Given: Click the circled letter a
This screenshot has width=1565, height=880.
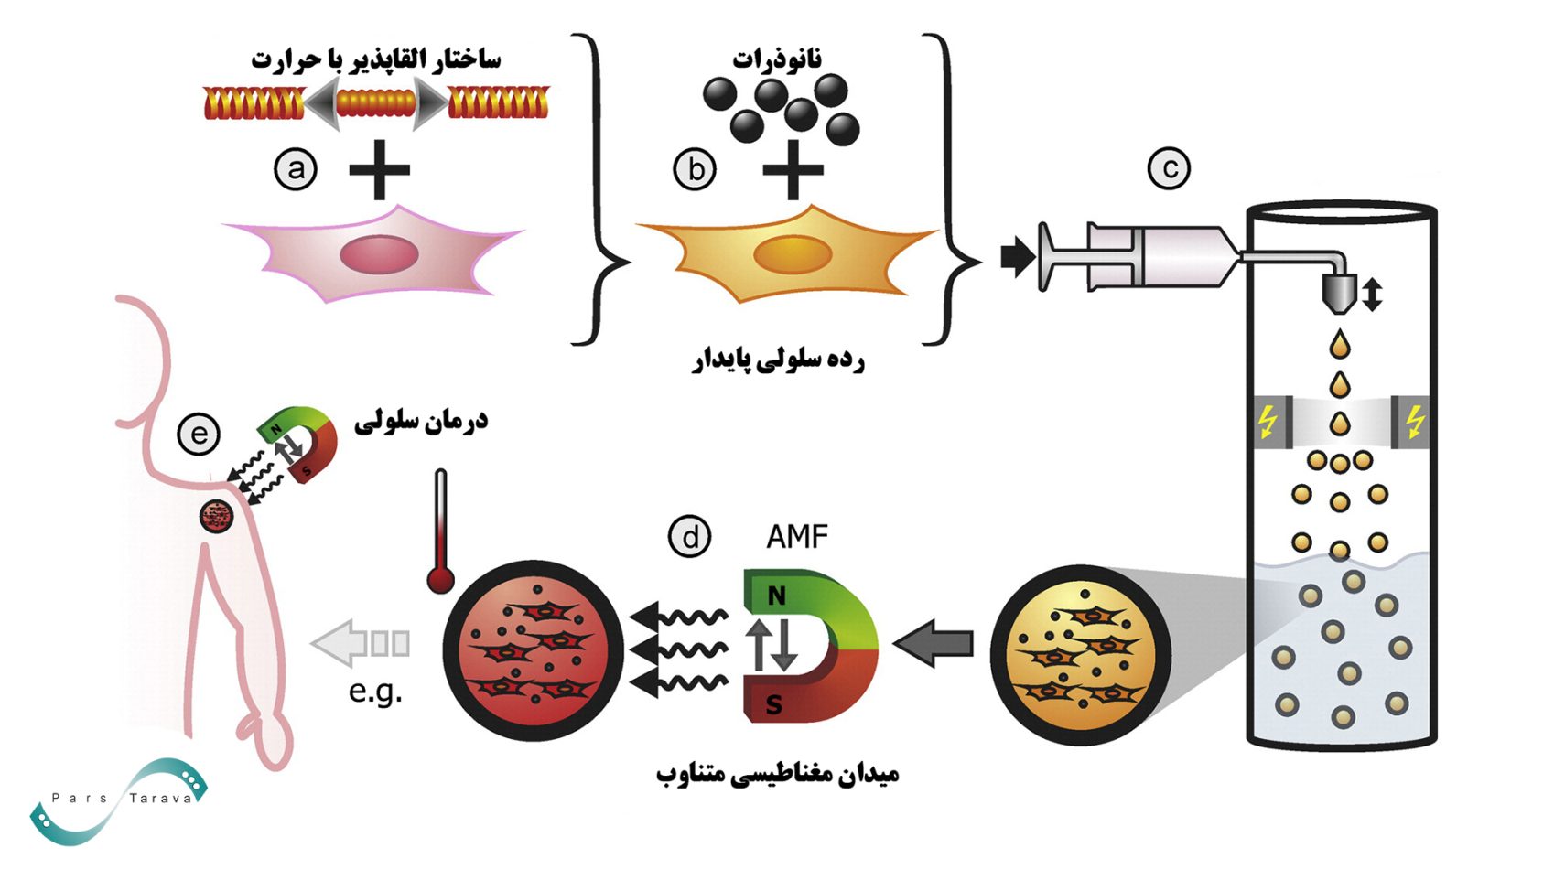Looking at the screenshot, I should point(296,169).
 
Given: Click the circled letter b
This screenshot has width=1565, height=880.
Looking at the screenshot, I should point(695,169).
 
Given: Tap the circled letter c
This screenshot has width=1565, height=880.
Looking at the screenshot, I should point(1169,168).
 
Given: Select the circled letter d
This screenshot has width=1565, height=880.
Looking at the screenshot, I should point(689,536).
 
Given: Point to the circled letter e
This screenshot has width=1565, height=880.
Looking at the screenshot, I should point(199,433).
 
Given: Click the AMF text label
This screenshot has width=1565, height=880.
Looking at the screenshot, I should point(796,536).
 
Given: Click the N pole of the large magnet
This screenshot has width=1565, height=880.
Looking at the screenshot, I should point(777,596).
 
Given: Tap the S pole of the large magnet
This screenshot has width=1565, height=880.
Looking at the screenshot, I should point(774,704).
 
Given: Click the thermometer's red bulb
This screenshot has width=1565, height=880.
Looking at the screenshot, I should point(441,579).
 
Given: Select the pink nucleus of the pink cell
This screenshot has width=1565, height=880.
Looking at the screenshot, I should point(379,254).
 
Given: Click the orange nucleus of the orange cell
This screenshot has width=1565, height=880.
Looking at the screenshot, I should point(792,253).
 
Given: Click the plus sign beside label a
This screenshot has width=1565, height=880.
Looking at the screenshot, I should point(379,169).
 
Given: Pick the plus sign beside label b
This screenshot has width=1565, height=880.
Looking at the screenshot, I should point(793,169).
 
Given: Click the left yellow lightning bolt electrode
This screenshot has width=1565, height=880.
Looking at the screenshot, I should point(1268,422).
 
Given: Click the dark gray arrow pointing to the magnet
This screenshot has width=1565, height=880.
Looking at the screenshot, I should point(934,643).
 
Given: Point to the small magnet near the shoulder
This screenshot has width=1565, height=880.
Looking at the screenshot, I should point(302,444).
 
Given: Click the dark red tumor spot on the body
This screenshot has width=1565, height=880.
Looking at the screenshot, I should point(217,516).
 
